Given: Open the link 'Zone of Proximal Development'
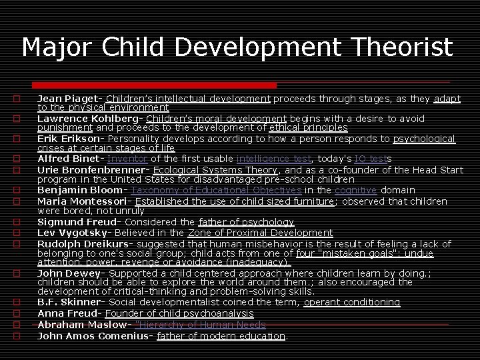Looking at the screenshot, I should pyautogui.click(x=260, y=233).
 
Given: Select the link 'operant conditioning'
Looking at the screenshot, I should pyautogui.click(x=352, y=302).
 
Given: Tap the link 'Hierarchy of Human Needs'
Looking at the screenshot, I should pyautogui.click(x=200, y=325).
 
